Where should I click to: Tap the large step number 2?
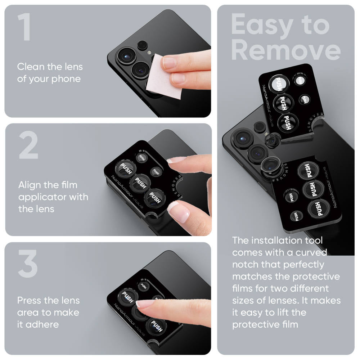tap(28, 146)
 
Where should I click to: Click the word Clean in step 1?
tap(31, 67)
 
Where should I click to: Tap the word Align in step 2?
tap(31, 185)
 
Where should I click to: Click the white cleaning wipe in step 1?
tap(164, 77)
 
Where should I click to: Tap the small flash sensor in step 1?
tap(143, 45)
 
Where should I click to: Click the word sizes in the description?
tap(244, 301)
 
